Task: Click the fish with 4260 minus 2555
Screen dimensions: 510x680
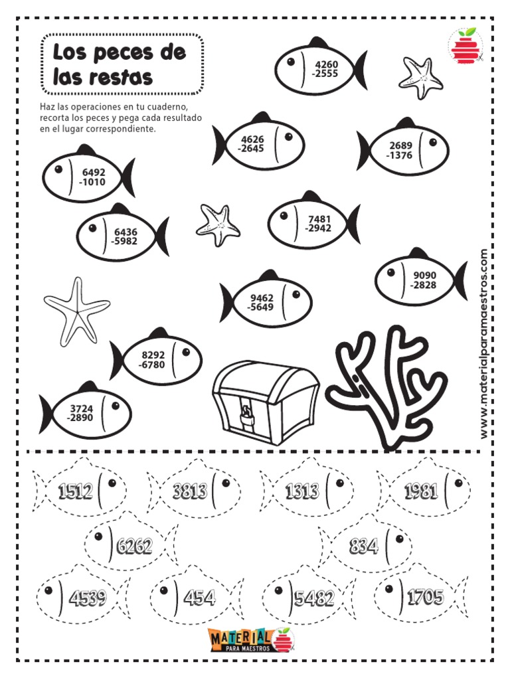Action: click(321, 67)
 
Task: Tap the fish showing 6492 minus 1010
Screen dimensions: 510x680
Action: click(88, 175)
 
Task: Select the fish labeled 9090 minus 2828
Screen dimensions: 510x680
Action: click(421, 278)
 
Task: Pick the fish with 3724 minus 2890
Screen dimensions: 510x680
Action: click(86, 411)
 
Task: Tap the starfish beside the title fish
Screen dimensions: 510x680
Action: click(420, 77)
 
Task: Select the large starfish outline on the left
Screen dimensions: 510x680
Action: click(77, 311)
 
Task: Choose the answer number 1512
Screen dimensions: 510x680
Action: click(76, 491)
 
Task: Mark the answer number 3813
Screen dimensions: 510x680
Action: click(190, 491)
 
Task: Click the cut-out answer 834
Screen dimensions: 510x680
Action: click(363, 546)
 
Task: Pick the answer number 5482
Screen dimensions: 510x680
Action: click(314, 598)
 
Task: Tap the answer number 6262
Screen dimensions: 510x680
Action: click(134, 546)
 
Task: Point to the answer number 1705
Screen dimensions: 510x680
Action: click(426, 597)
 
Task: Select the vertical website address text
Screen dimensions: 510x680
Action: click(484, 343)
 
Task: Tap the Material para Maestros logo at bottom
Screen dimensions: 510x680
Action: click(252, 639)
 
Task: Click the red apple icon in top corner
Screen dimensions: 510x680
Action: click(466, 46)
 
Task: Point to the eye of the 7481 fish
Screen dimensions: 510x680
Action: click(284, 215)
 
